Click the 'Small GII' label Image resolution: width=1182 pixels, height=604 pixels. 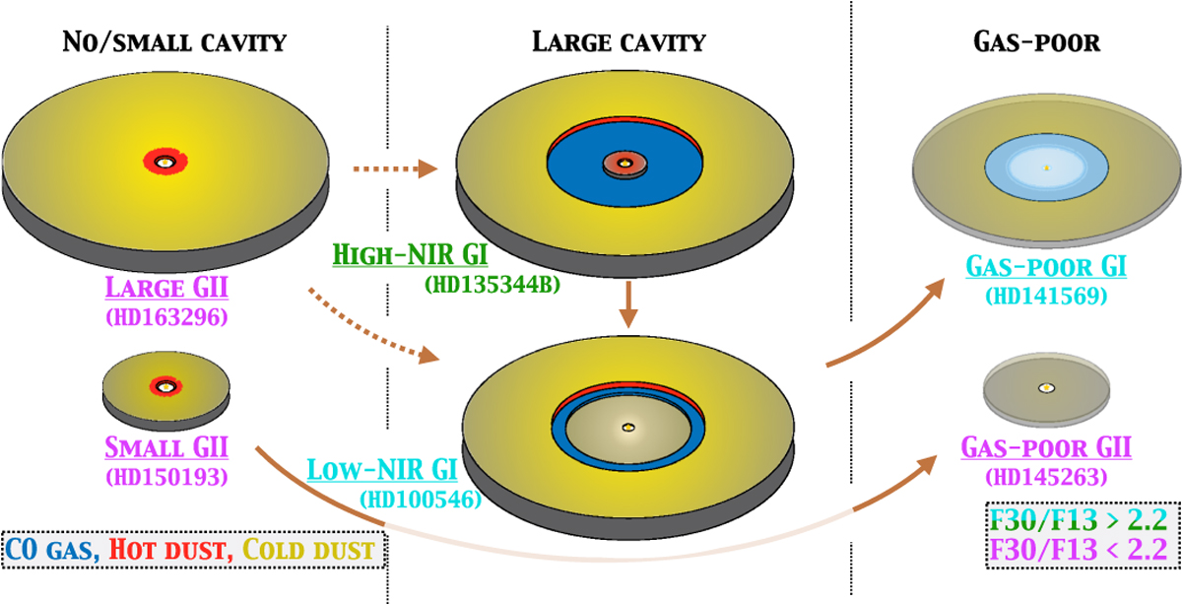click(x=164, y=449)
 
